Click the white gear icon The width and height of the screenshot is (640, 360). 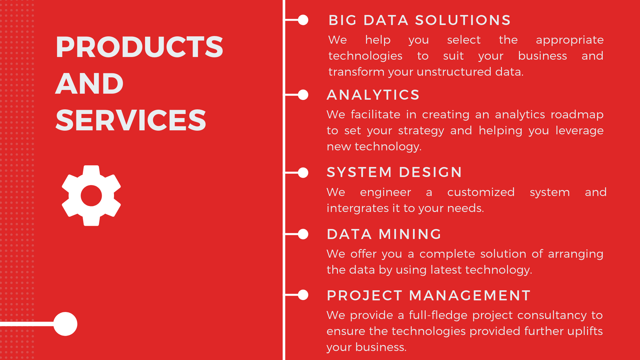(x=91, y=196)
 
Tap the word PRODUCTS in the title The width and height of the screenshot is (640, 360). (x=139, y=47)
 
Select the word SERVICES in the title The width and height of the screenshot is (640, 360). (x=131, y=120)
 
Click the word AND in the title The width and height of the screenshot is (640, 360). (x=89, y=83)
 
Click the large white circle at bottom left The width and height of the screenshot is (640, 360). (x=65, y=324)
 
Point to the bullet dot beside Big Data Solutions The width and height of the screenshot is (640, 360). (x=303, y=20)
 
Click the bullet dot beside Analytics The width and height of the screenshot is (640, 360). (x=303, y=95)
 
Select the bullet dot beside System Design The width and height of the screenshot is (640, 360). (x=303, y=173)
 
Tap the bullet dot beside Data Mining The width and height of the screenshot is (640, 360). (x=303, y=234)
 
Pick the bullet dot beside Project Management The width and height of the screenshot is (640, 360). (x=303, y=295)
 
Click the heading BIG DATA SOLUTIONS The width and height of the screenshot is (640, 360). (x=420, y=20)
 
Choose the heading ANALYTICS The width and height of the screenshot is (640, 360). (x=373, y=95)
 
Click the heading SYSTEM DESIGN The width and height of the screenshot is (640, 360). (x=394, y=172)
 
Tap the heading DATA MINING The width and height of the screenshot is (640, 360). (x=384, y=234)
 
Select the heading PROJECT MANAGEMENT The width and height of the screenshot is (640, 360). (x=429, y=296)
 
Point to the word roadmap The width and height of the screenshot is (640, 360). (x=577, y=115)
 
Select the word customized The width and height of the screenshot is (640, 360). (x=481, y=192)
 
